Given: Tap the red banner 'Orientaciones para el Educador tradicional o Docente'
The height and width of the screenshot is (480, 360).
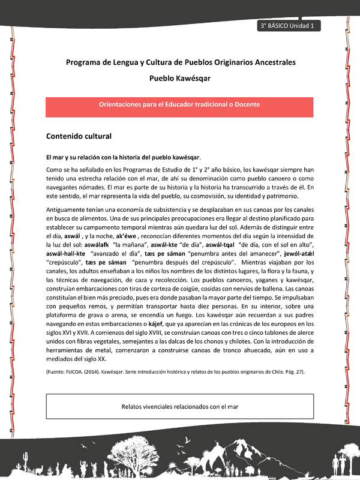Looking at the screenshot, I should click(x=179, y=104).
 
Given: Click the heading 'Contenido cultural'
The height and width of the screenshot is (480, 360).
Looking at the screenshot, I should click(x=79, y=136).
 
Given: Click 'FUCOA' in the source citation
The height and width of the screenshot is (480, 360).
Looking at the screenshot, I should click(x=75, y=372).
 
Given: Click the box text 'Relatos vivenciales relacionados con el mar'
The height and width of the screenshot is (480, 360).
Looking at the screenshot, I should click(x=179, y=406).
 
